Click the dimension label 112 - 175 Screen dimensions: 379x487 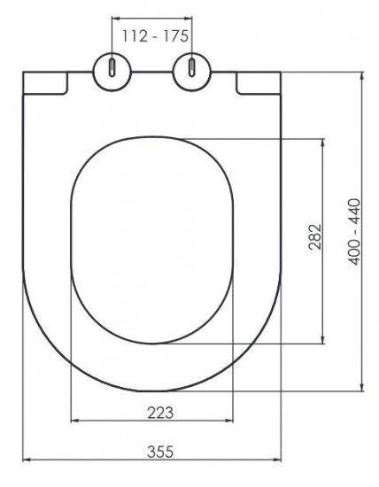click(x=155, y=36)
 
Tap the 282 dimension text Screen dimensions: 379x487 click(x=314, y=236)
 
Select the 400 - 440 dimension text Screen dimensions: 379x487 click(x=355, y=232)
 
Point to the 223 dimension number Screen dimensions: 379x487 click(x=160, y=413)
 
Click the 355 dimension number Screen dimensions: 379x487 click(x=160, y=452)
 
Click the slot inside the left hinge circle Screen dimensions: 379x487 click(x=112, y=66)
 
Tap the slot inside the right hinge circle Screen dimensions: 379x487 click(x=192, y=66)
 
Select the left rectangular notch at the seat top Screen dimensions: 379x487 click(x=45, y=83)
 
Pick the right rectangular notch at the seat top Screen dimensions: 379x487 click(x=259, y=83)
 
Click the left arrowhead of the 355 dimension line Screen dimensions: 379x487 click(x=27, y=460)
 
